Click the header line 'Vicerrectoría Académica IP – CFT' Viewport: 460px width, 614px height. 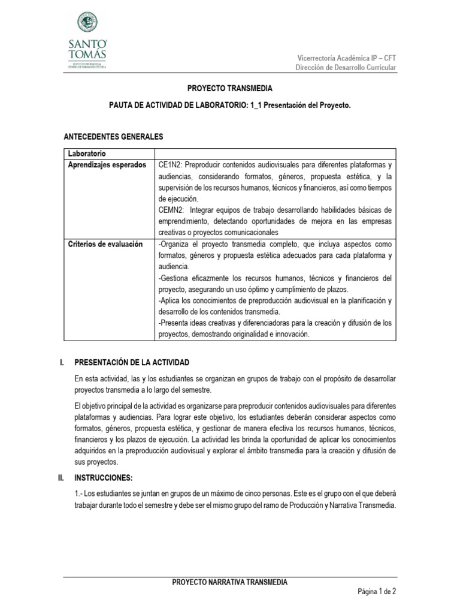[347, 58]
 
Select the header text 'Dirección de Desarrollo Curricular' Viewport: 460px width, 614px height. [346, 68]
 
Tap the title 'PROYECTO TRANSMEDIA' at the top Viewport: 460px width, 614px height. [230, 88]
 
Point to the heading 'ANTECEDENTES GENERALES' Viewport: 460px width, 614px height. [113, 137]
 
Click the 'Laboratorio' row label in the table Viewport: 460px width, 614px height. [87, 153]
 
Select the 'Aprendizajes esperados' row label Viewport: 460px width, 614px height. [107, 165]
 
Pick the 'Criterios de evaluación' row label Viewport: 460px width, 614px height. [105, 244]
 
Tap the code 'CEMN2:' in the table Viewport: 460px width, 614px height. [173, 210]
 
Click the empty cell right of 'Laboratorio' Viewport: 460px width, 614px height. [275, 153]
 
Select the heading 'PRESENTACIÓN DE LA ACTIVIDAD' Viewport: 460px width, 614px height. [132, 363]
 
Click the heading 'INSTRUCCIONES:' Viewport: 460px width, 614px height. [104, 477]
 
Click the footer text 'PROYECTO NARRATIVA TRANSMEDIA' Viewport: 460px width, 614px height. [230, 582]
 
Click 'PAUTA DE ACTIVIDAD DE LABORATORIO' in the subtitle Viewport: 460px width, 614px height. [178, 105]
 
